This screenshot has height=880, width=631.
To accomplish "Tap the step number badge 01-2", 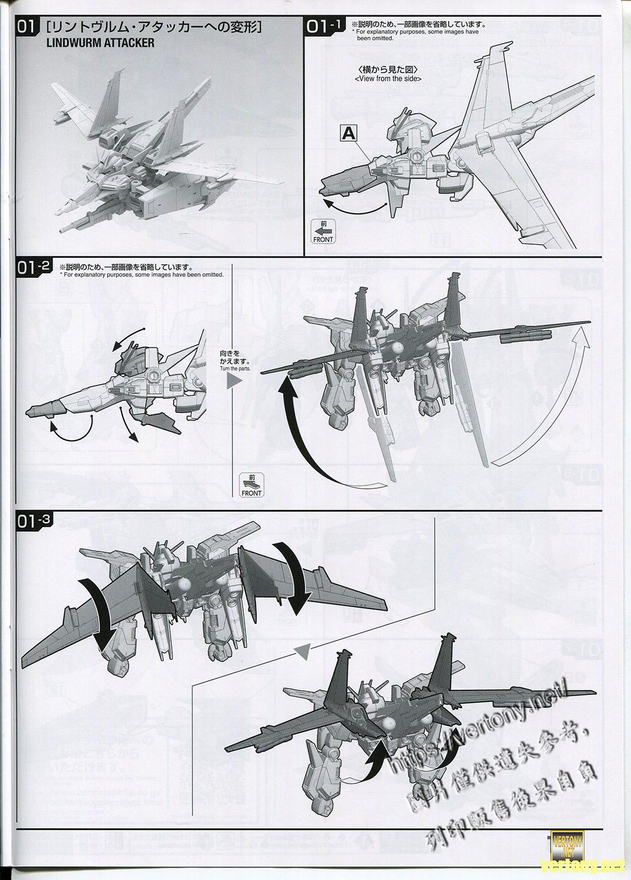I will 35,268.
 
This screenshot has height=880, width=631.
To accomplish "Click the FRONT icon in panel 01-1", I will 323,231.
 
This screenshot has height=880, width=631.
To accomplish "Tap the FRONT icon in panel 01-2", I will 252,485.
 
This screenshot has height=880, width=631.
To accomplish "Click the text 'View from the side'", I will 388,79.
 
